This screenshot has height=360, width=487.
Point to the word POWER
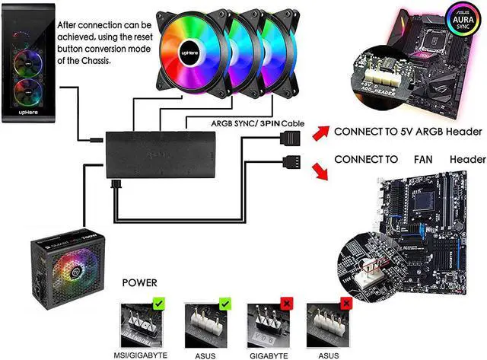[x=145, y=282]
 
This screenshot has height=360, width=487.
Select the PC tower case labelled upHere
[x=28, y=68]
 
